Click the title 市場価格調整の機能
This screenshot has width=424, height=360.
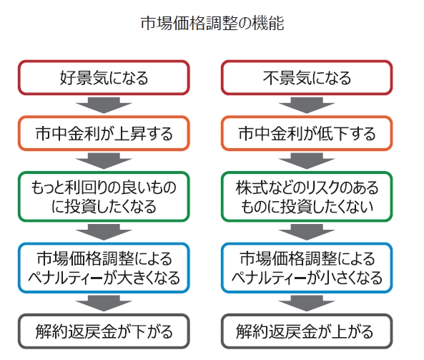pyautogui.click(x=212, y=23)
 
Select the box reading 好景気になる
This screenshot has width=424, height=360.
pyautogui.click(x=104, y=78)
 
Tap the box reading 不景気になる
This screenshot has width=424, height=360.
pyautogui.click(x=307, y=78)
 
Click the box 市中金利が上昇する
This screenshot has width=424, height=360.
pyautogui.click(x=104, y=133)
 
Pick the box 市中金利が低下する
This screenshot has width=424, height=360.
pyautogui.click(x=307, y=133)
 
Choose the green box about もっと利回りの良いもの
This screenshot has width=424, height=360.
pyautogui.click(x=104, y=197)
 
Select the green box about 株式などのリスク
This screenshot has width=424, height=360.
pyautogui.click(x=307, y=197)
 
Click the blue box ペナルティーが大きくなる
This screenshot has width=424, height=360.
pyautogui.click(x=104, y=268)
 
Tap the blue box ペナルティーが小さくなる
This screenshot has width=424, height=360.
pyautogui.click(x=307, y=268)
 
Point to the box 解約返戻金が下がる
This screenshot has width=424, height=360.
pyautogui.click(x=104, y=331)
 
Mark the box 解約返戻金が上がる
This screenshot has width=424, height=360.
pyautogui.click(x=307, y=331)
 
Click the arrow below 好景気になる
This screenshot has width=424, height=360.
pyautogui.click(x=104, y=105)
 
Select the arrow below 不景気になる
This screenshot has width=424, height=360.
pyautogui.click(x=307, y=105)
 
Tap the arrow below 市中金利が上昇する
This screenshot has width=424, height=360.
pyautogui.click(x=104, y=161)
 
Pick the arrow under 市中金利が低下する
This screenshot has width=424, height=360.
pyautogui.click(x=307, y=161)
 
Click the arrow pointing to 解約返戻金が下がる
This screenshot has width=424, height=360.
pyautogui.click(x=104, y=303)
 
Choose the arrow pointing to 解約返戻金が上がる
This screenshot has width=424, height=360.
pyautogui.click(x=307, y=303)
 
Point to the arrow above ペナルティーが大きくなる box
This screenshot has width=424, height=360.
pyautogui.click(x=104, y=232)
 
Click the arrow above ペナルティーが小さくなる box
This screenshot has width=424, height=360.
pyautogui.click(x=307, y=232)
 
